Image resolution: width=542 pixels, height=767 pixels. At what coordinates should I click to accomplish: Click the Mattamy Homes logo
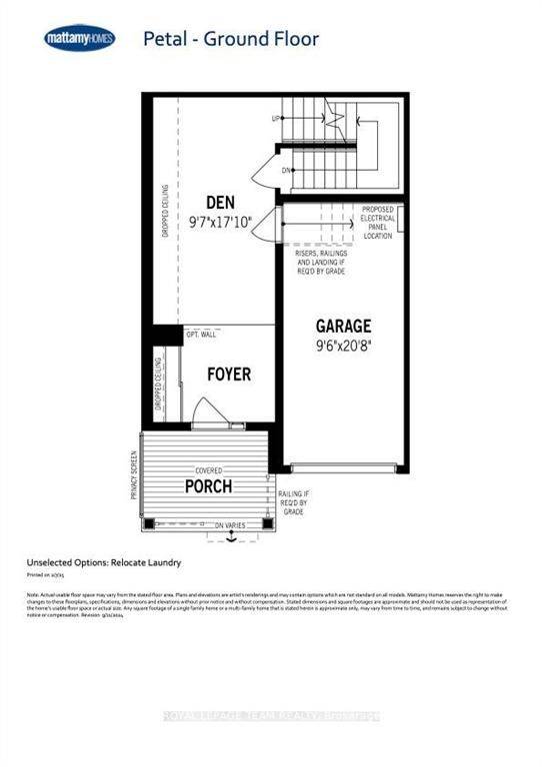(79, 39)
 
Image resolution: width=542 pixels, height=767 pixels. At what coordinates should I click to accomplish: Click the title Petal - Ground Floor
(231, 40)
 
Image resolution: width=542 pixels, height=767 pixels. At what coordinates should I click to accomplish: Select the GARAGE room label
(343, 326)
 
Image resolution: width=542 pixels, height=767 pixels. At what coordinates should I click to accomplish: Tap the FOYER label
(228, 375)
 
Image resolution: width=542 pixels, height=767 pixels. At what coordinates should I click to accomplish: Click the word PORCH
(208, 487)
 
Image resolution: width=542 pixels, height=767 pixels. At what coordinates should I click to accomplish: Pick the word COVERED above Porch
(207, 469)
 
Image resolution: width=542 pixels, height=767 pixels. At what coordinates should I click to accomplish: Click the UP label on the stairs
(275, 117)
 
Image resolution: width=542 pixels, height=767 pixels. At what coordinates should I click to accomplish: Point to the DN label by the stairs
(286, 170)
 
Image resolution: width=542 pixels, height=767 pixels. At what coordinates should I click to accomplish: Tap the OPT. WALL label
(201, 336)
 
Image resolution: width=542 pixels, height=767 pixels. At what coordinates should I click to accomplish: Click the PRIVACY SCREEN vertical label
(134, 474)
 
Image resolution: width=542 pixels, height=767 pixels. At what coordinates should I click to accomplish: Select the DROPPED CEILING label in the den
(165, 210)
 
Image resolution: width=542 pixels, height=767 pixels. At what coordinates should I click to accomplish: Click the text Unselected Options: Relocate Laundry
(104, 562)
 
